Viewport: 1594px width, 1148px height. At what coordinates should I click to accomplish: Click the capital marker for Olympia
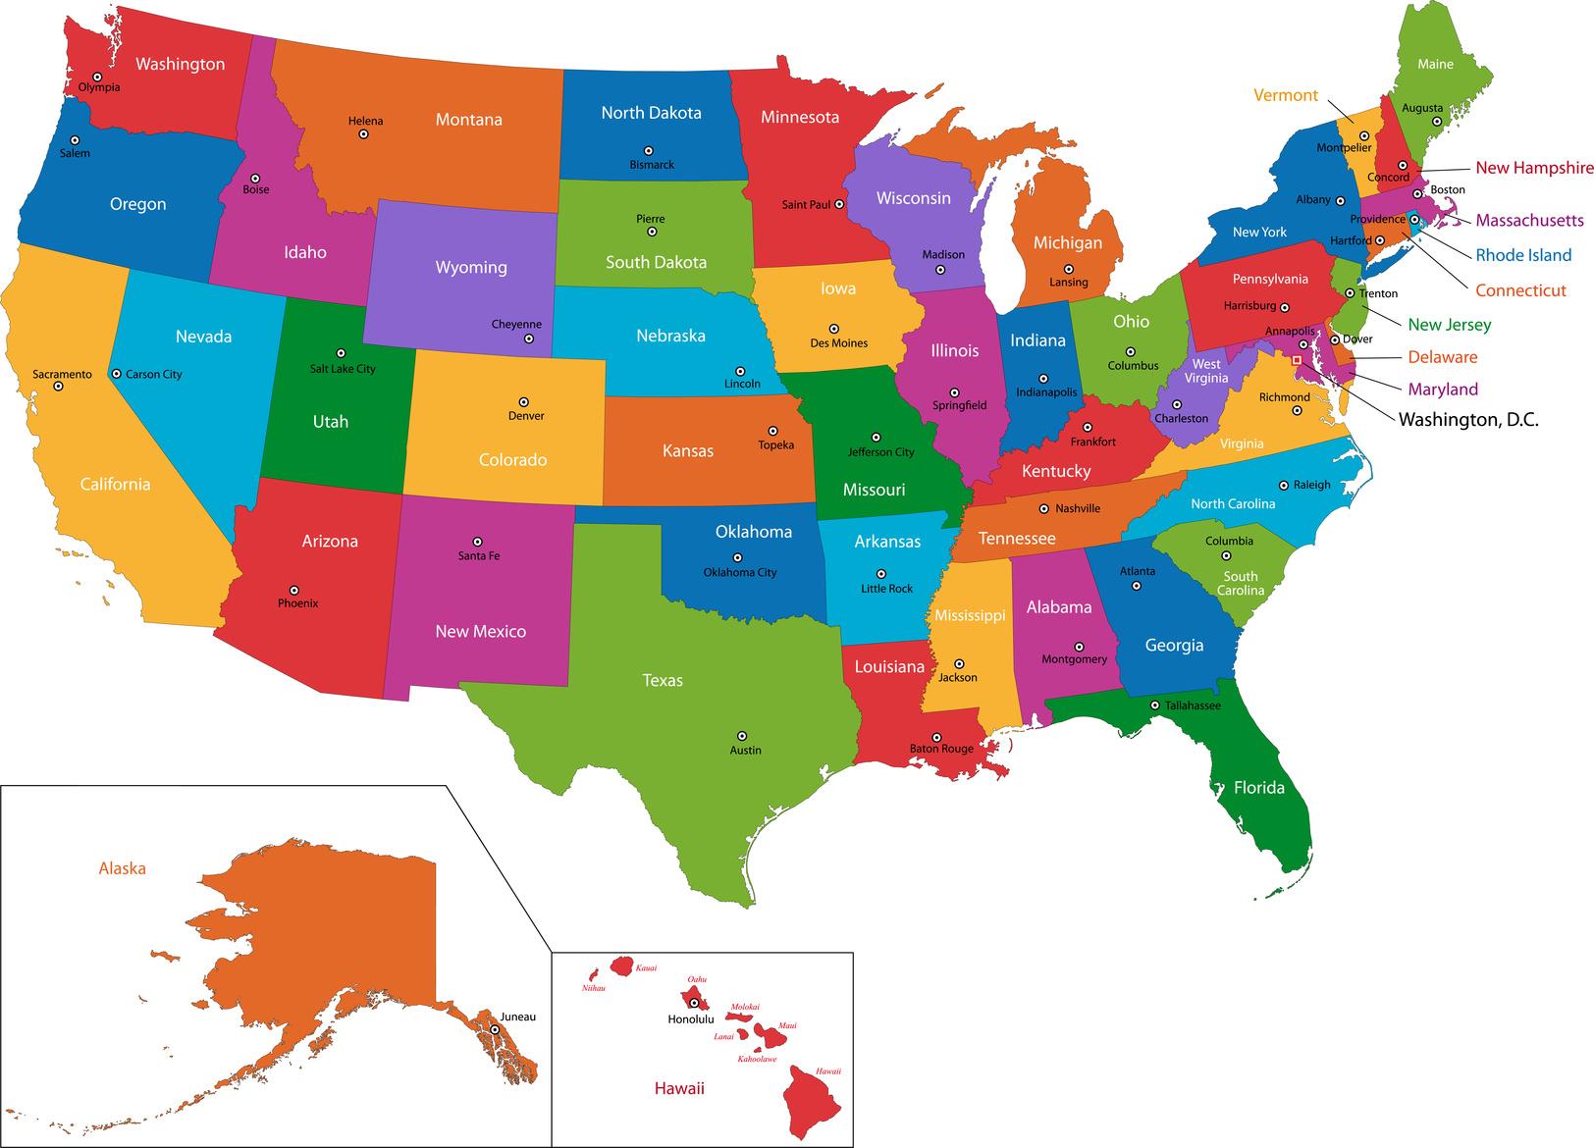click(97, 76)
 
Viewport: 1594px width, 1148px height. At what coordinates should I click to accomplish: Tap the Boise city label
click(256, 189)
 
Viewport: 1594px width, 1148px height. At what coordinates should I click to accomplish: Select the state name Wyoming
click(471, 267)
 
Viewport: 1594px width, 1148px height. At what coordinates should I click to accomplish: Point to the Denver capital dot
click(523, 401)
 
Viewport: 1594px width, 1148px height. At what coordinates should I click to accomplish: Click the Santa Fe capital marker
click(478, 542)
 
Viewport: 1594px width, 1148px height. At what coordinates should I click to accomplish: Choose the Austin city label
click(746, 751)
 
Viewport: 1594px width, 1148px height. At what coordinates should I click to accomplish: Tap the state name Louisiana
click(889, 667)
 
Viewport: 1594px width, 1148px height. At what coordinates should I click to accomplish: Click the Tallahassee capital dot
click(1155, 705)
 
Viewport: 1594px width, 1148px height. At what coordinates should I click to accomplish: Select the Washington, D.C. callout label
click(1468, 420)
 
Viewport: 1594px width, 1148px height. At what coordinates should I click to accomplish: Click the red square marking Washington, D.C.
click(1296, 360)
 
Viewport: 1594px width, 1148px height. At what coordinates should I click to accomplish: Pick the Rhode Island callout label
click(1523, 255)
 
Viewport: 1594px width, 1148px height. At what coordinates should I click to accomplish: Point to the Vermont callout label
click(1286, 95)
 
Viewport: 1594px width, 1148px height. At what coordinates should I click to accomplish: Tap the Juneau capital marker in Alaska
click(495, 1029)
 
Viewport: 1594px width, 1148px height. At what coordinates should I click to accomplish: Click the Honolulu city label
click(691, 1019)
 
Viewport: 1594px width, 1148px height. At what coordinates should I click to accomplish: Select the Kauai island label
click(646, 968)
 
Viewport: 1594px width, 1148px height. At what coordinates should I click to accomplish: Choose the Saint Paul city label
click(806, 205)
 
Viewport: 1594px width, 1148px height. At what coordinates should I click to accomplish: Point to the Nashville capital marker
click(1043, 508)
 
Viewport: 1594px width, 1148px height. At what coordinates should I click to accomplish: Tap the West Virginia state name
click(1206, 371)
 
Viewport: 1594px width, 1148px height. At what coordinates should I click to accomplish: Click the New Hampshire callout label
click(1534, 168)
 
